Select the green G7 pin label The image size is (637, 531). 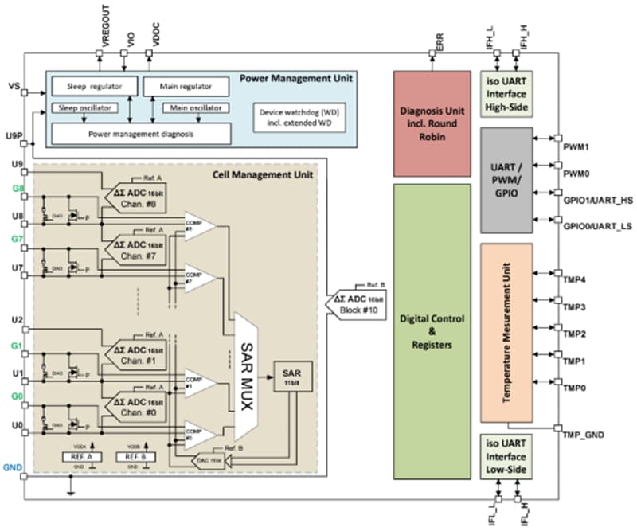click(x=18, y=238)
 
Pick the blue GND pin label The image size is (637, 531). click(x=12, y=466)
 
